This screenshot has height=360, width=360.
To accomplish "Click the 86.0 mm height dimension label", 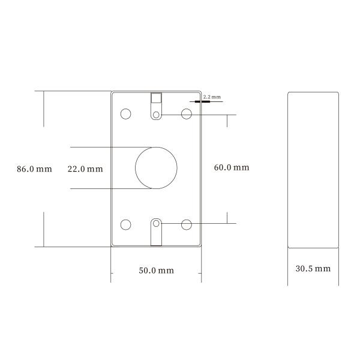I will coord(34,169).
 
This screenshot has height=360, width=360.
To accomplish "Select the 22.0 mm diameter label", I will coord(85,169).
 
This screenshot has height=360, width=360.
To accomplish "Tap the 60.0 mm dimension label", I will coord(231,168).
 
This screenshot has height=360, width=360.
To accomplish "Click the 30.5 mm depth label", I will coord(313,268).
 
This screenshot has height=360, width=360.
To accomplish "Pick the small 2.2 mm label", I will coord(212,97).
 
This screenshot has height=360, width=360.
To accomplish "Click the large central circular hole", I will coord(157,168).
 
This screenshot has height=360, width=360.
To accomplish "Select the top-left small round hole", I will coord(126,113).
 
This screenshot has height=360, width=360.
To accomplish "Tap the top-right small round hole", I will coord(187,113).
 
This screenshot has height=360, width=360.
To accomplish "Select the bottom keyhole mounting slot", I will coord(156,232).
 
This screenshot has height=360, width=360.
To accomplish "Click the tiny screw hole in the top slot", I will coord(156,114).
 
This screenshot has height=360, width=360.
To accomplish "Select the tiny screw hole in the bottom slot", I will coord(156,224).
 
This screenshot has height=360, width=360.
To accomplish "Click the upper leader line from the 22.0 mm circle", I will coord(108,147).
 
